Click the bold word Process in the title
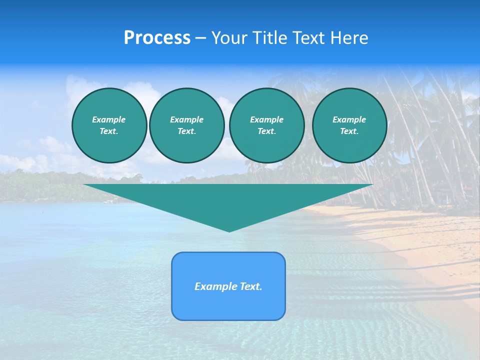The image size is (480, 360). coord(157,38)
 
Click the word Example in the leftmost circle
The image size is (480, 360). coord(109,119)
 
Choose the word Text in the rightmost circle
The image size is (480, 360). coord(348,131)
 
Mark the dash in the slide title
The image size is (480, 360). coord(200,38)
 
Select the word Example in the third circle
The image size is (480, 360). coord(266,119)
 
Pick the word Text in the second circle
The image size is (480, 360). coord(186,131)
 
